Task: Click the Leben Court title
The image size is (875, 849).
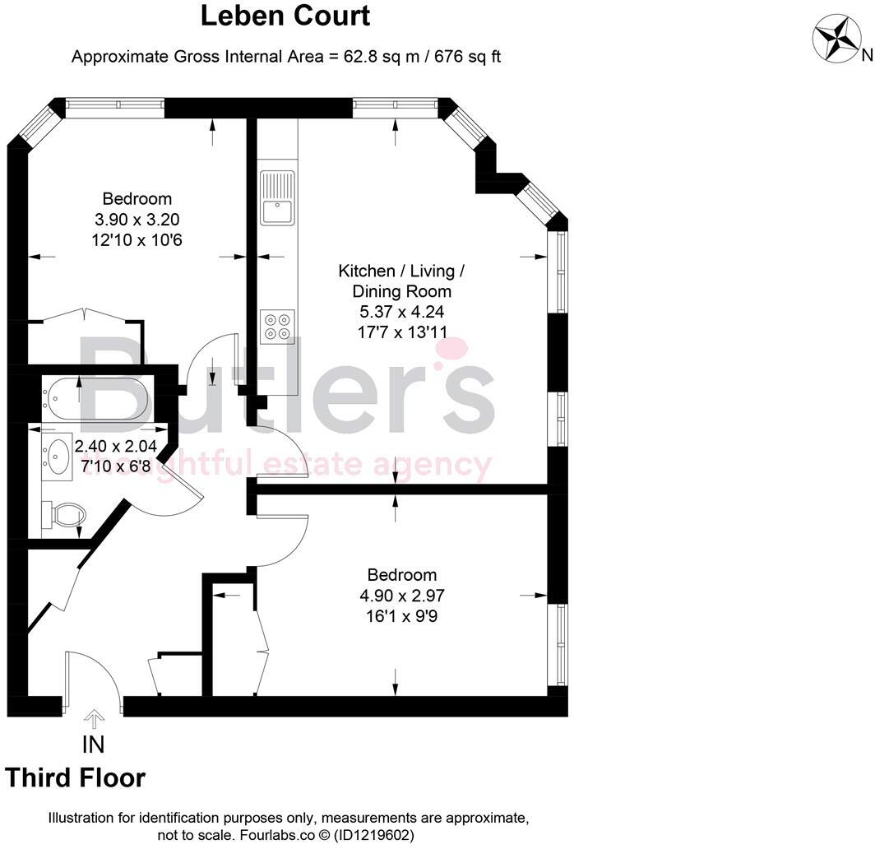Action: [286, 16]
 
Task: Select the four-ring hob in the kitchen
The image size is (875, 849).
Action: [277, 325]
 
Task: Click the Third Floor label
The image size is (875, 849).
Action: [76, 777]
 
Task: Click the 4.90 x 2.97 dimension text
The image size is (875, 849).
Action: [402, 595]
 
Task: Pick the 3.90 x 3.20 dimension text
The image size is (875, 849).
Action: [137, 220]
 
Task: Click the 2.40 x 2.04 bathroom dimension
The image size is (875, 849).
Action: [115, 447]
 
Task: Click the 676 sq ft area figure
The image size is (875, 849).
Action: [461, 57]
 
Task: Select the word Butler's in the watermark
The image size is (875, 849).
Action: [288, 387]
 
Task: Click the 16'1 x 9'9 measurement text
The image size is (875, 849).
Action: [402, 615]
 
